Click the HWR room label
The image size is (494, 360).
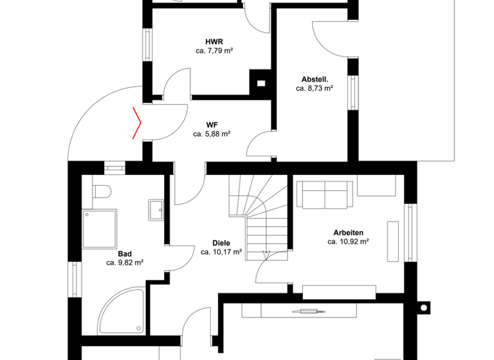coord(214,41)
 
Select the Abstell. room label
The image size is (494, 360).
coord(314,80)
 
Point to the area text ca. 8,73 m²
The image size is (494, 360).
coord(314,89)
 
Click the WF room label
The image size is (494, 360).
coord(212,125)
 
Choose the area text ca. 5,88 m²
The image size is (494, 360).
coord(212,134)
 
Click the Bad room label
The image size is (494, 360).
coord(125,253)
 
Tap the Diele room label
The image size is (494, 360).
coord(221,243)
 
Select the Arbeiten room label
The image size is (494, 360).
coord(348,233)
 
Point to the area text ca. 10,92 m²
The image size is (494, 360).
coord(348,242)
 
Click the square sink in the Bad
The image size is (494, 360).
coord(156,209)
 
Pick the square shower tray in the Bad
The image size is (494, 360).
coord(100,228)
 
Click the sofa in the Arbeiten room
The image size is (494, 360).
coord(325,194)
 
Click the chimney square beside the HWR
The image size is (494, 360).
coord(261,82)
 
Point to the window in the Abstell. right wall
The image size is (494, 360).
coord(352,93)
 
